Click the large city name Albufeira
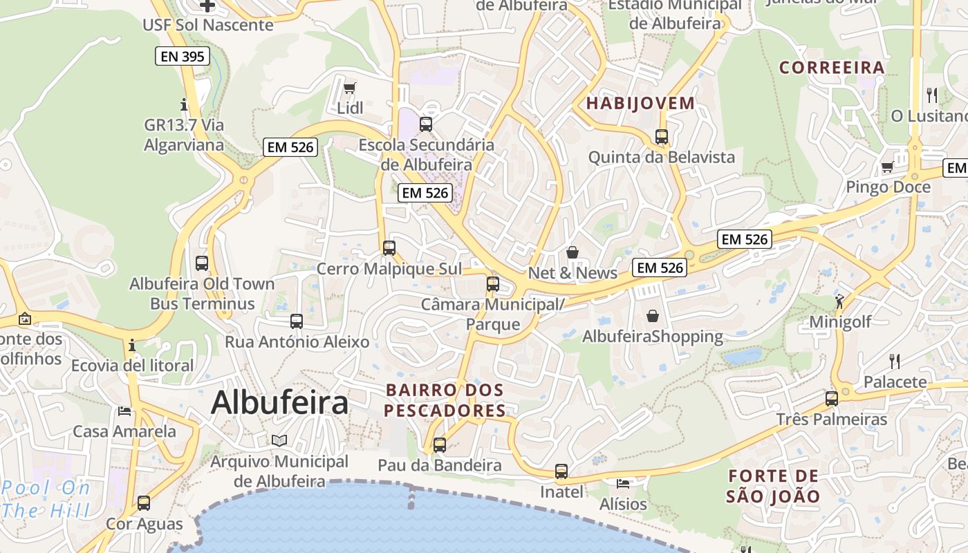point(279,402)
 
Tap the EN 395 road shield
point(183,57)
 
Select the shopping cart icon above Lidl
point(349,88)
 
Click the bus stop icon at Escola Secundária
point(426,124)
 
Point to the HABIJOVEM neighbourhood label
point(640,104)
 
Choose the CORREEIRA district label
point(832,68)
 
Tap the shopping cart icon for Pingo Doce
point(887,167)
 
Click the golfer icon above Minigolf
point(839,301)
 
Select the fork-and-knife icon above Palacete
point(894,360)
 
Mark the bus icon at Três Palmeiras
point(832,399)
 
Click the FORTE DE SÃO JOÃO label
point(773,486)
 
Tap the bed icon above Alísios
point(623,482)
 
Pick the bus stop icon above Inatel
point(561,472)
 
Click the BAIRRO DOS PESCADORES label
point(445,400)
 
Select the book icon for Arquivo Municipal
point(279,440)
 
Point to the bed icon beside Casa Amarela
point(124,411)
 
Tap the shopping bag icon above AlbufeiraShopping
point(652,316)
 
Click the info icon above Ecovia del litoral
point(132,345)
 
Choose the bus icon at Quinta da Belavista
point(662,137)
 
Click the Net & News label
point(573,273)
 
